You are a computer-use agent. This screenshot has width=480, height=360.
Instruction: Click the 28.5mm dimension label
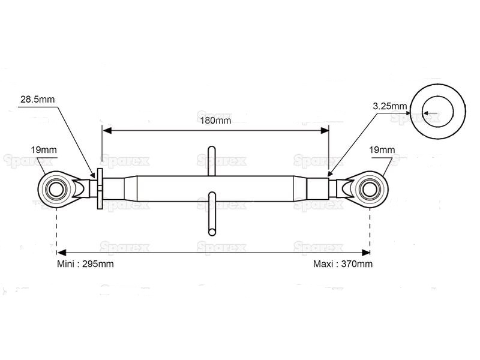(x=37, y=100)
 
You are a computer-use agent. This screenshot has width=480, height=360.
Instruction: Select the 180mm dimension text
(x=215, y=121)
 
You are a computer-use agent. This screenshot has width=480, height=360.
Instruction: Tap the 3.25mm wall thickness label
(x=389, y=106)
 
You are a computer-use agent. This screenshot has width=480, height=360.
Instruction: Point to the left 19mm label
(x=44, y=150)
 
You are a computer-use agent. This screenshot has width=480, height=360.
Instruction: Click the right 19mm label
(x=382, y=150)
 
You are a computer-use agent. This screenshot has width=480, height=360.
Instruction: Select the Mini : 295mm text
(x=85, y=264)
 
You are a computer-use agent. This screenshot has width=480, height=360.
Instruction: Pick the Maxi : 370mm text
(x=343, y=264)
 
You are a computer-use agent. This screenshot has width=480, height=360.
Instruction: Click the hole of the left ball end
(x=56, y=189)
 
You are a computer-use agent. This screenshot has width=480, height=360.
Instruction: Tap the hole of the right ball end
(x=370, y=189)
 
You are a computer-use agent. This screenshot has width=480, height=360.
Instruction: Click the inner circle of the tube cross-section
(x=438, y=112)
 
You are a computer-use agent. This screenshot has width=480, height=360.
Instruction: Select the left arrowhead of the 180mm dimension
(x=107, y=131)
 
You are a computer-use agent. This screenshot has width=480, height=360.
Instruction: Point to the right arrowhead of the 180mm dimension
(x=325, y=131)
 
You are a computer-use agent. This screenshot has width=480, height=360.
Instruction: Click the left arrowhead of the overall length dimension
(x=61, y=253)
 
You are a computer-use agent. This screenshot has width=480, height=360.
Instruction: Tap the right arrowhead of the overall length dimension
(x=366, y=253)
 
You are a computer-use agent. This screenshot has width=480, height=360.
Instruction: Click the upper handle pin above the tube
(x=212, y=161)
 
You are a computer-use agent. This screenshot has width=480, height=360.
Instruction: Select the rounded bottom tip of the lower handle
(x=212, y=232)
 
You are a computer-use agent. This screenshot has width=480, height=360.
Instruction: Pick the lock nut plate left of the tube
(x=100, y=188)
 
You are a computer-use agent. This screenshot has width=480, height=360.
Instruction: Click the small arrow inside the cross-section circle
(x=431, y=113)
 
